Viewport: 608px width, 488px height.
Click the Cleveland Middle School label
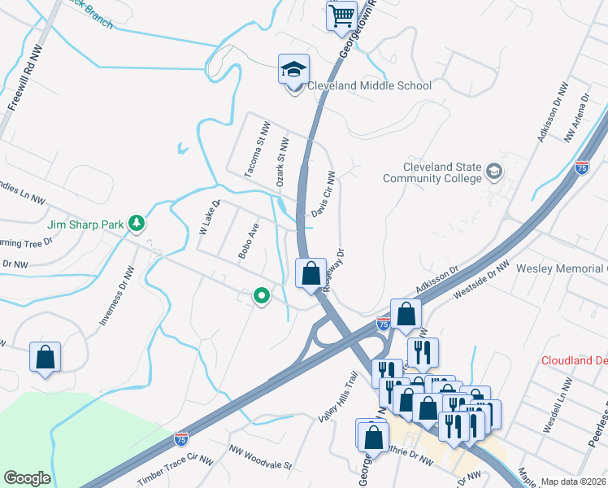[368, 85]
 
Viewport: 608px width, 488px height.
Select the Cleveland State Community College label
[432, 172]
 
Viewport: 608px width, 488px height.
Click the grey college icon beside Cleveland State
[494, 172]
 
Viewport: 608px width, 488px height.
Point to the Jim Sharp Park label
[85, 223]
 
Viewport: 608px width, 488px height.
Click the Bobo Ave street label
[248, 241]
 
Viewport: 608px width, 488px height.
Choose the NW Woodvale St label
[259, 457]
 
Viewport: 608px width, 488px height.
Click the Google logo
[27, 478]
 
